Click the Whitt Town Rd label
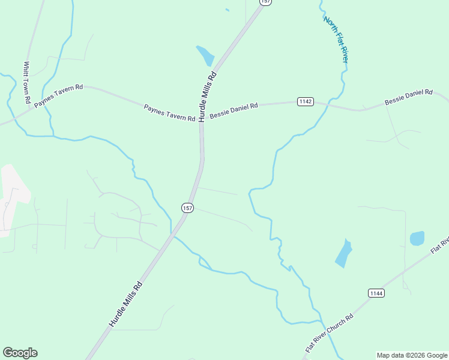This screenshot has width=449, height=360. pyautogui.click(x=27, y=82)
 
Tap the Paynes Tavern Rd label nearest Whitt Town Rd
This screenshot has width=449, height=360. pyautogui.click(x=58, y=96)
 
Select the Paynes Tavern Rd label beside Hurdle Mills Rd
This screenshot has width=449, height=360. pyautogui.click(x=169, y=113)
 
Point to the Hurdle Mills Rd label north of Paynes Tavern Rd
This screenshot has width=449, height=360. pyautogui.click(x=207, y=97)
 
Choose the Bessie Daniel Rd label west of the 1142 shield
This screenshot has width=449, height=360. pyautogui.click(x=234, y=110)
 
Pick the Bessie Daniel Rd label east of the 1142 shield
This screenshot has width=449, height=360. pyautogui.click(x=408, y=97)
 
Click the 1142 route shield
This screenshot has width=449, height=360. pyautogui.click(x=305, y=101)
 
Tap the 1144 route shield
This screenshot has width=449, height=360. pyautogui.click(x=376, y=293)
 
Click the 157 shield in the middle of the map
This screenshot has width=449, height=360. pyautogui.click(x=187, y=208)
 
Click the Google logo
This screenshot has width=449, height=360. pyautogui.click(x=20, y=353)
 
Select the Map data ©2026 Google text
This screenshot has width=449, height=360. pyautogui.click(x=412, y=355)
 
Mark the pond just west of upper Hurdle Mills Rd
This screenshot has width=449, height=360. pyautogui.click(x=205, y=55)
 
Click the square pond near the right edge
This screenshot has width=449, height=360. pyautogui.click(x=417, y=238)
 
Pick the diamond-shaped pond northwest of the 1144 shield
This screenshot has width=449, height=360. pyautogui.click(x=343, y=253)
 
